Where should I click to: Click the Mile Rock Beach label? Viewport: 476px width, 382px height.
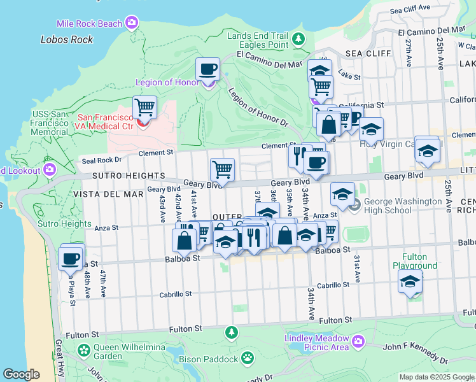tap(89, 24)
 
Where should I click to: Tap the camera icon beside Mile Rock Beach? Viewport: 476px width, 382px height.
tap(132, 24)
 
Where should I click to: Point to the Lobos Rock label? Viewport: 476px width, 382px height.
tap(67, 39)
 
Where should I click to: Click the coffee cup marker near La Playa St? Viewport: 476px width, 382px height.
tap(71, 258)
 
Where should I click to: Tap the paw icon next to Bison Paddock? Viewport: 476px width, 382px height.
tap(247, 359)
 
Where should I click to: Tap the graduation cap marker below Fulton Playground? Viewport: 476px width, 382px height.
tap(410, 281)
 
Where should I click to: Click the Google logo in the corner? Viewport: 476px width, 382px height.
tap(22, 374)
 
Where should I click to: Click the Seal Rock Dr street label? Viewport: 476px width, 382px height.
tap(101, 160)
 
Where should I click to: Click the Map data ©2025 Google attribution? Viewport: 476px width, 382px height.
tap(437, 377)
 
